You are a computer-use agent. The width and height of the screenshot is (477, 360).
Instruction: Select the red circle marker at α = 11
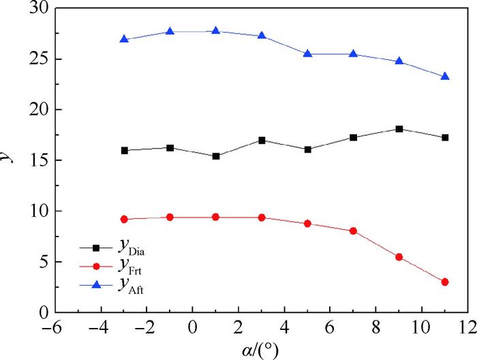pos(445,282)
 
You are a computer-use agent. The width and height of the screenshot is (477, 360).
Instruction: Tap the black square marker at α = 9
pos(399,129)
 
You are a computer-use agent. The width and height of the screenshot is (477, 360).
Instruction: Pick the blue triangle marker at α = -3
pos(124,40)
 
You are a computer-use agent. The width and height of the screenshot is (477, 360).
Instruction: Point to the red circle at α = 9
pos(399,257)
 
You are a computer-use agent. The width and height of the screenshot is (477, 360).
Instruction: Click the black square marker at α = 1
pos(216,156)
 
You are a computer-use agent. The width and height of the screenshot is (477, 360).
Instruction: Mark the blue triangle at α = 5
pos(307,54)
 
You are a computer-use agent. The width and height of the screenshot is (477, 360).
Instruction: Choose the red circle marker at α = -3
pos(124,219)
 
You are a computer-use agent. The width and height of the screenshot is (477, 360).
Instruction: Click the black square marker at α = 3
pos(262,140)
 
